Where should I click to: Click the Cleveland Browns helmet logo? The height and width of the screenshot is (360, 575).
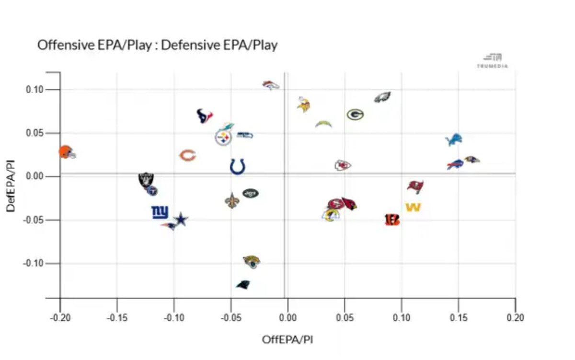(67, 152)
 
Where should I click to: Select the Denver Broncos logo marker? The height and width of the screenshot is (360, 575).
(271, 85)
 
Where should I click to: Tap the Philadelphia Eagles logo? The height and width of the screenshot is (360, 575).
(382, 97)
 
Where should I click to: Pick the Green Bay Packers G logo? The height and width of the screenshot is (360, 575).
(355, 115)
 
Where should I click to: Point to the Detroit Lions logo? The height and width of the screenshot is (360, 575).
(453, 140)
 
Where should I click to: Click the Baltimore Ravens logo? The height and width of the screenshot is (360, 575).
(471, 159)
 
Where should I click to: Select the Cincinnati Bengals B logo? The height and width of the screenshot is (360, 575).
(392, 220)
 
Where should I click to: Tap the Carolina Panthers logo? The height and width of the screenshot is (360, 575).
(243, 284)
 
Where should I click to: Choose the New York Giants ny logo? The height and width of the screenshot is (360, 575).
(160, 212)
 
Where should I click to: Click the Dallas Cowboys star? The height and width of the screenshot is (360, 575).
(181, 220)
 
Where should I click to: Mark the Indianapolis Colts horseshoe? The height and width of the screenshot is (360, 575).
(238, 167)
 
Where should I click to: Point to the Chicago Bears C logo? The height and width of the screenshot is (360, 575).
(187, 155)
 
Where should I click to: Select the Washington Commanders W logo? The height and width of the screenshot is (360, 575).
(413, 207)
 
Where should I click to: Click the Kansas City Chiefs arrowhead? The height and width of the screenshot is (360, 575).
(342, 165)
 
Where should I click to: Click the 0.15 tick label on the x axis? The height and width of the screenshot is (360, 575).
(458, 318)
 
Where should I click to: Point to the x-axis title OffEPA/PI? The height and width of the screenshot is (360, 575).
(287, 339)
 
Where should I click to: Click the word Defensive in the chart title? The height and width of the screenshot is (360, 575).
(185, 46)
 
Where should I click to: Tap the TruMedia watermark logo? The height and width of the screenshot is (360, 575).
(492, 61)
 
